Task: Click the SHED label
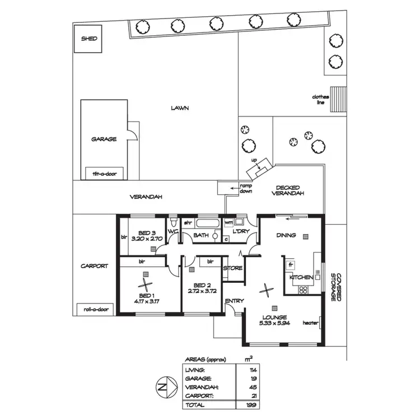click(89, 39)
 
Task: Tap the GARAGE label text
click(104, 139)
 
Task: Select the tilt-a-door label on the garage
click(104, 174)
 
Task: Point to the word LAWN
click(180, 108)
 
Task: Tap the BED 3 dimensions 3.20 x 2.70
click(147, 239)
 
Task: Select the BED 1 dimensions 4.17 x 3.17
click(147, 301)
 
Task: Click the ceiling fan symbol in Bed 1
click(146, 285)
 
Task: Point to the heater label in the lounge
click(310, 323)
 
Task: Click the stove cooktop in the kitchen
click(303, 290)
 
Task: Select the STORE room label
click(233, 268)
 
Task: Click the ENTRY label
click(234, 301)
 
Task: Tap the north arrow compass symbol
click(164, 387)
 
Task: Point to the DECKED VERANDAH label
click(288, 190)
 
